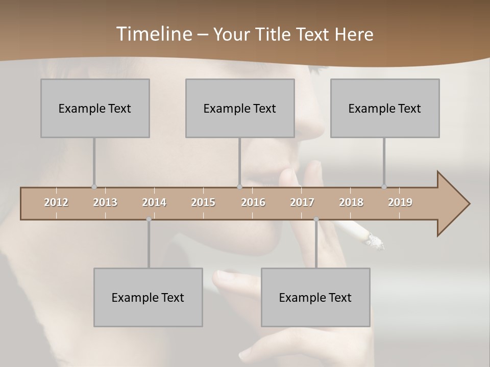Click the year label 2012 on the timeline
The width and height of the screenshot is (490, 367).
pyautogui.click(x=56, y=202)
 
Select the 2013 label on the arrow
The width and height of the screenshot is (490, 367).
pyautogui.click(x=105, y=202)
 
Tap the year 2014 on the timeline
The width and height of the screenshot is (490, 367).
pyautogui.click(x=154, y=202)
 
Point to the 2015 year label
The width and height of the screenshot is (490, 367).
pyautogui.click(x=203, y=202)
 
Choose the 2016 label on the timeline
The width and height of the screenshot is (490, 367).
pyautogui.click(x=253, y=202)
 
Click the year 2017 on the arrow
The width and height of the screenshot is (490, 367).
pyautogui.click(x=302, y=202)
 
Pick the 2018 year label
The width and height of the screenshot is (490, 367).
pyautogui.click(x=351, y=202)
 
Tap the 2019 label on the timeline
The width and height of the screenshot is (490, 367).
pyautogui.click(x=400, y=202)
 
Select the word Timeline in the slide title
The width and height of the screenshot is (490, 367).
pyautogui.click(x=154, y=34)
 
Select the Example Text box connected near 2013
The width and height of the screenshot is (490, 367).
pyautogui.click(x=95, y=108)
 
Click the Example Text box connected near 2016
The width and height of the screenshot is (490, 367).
pyautogui.click(x=240, y=108)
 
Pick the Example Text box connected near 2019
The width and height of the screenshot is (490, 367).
pyautogui.click(x=385, y=108)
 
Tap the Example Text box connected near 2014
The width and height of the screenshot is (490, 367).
pyautogui.click(x=148, y=297)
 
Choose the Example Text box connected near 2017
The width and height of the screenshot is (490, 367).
pyautogui.click(x=315, y=297)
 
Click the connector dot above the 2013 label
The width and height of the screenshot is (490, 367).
pyautogui.click(x=94, y=187)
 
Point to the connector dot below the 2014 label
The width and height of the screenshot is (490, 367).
pyautogui.click(x=149, y=219)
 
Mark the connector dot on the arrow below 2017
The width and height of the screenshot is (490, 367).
pyautogui.click(x=316, y=219)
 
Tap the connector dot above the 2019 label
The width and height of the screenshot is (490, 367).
pyautogui.click(x=384, y=187)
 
